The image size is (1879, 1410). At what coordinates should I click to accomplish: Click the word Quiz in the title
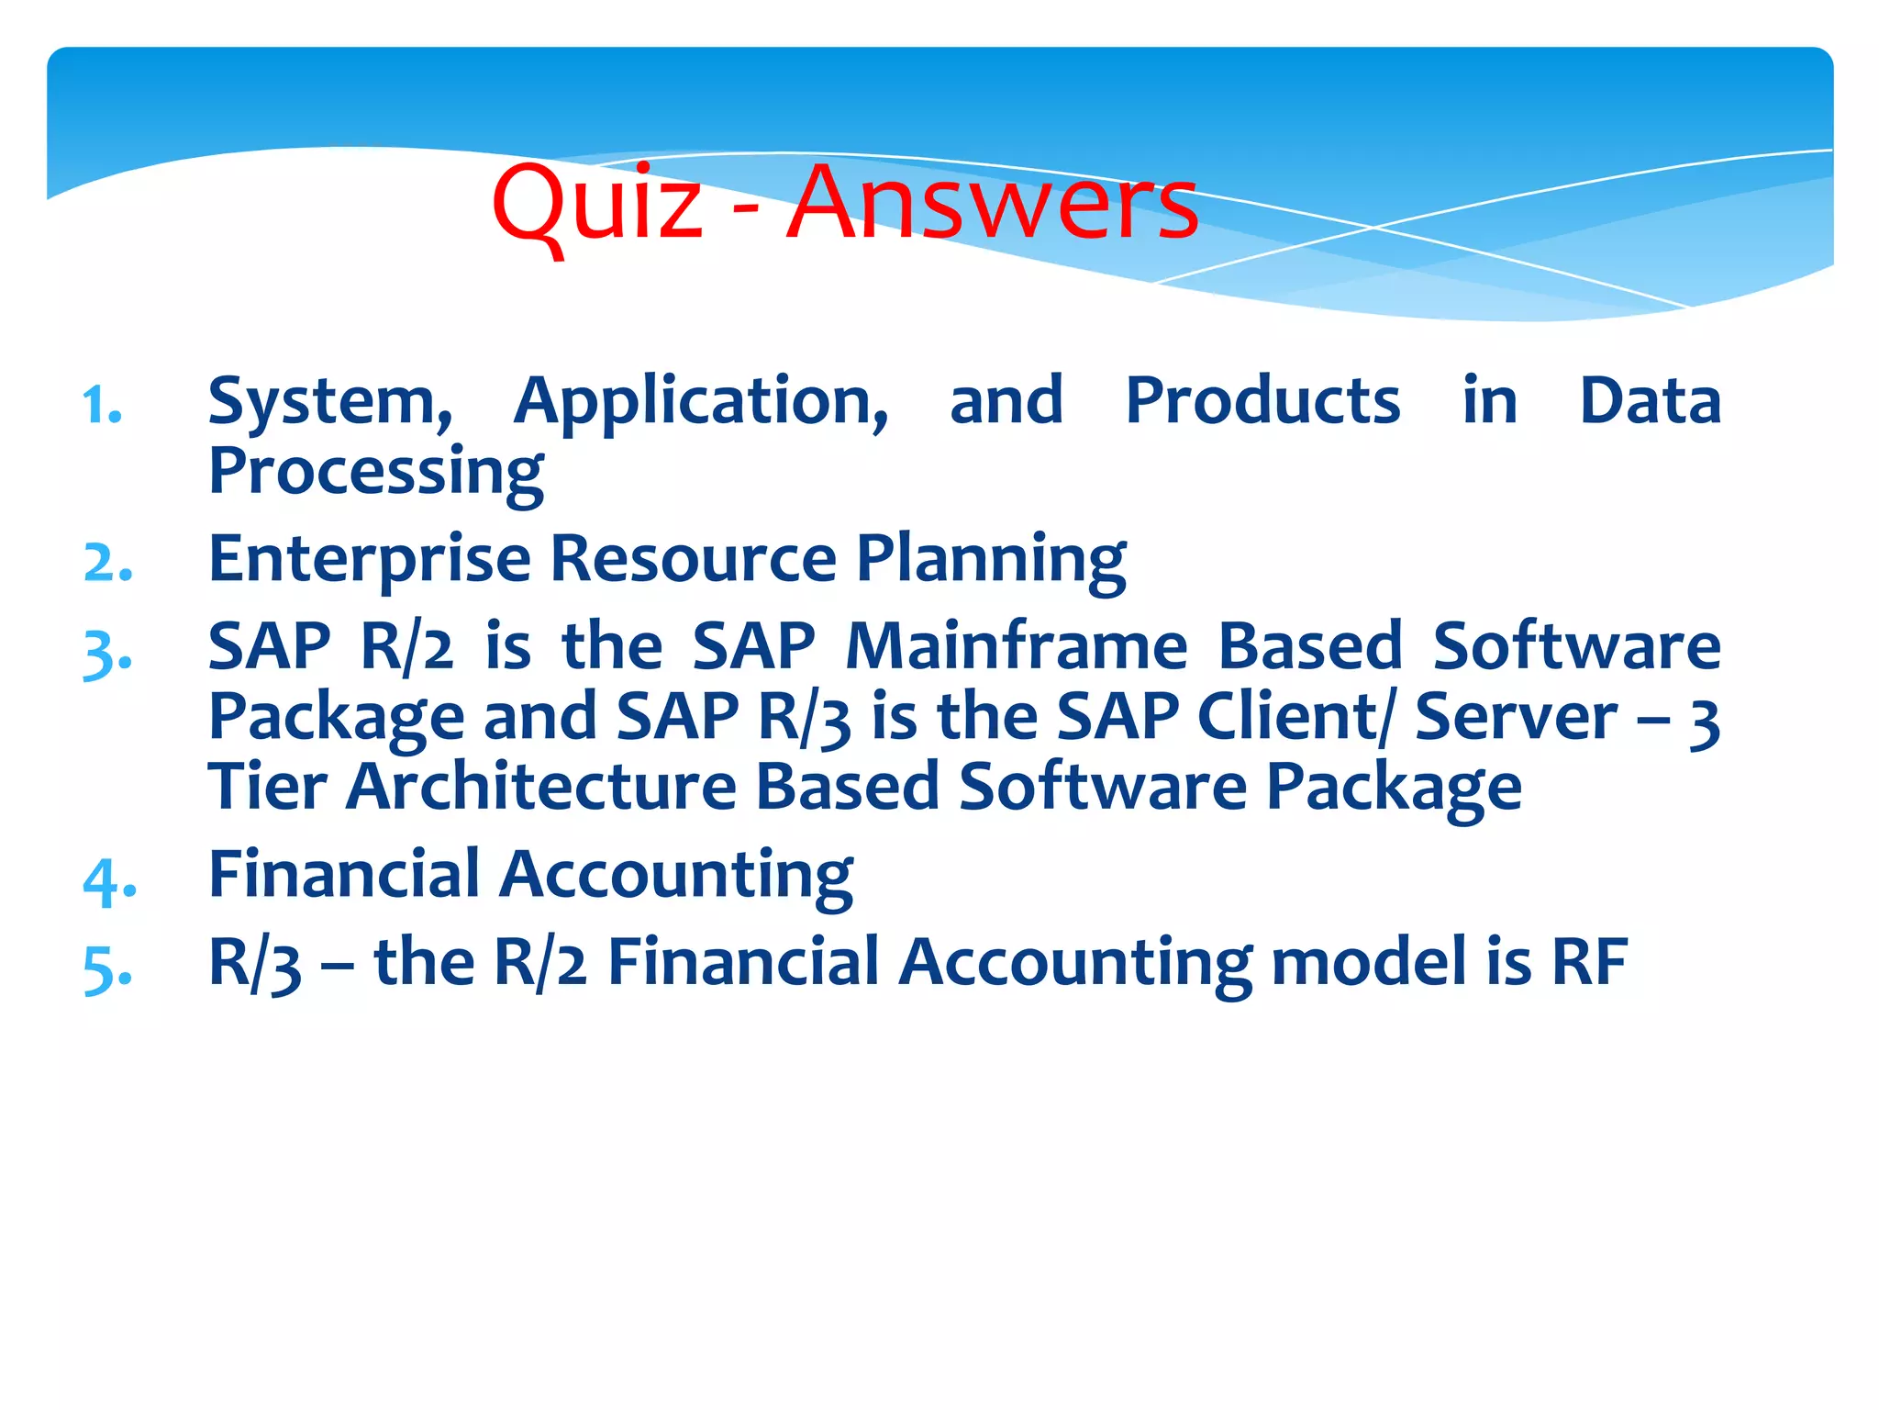pos(597,204)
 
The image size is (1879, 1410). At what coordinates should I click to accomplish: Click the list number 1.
pos(102,405)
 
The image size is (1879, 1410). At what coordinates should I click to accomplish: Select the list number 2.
pos(107,563)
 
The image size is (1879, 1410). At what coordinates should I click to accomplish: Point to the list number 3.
pos(107,654)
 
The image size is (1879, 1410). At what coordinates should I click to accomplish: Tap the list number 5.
pos(107,969)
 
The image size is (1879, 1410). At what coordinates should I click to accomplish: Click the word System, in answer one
pos(330,402)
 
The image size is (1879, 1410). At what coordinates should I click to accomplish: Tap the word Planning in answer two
pos(991,560)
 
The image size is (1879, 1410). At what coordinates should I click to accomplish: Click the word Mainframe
pos(1017,646)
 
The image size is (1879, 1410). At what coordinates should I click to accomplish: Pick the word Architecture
pos(541,787)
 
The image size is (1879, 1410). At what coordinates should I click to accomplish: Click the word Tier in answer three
pos(267,787)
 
